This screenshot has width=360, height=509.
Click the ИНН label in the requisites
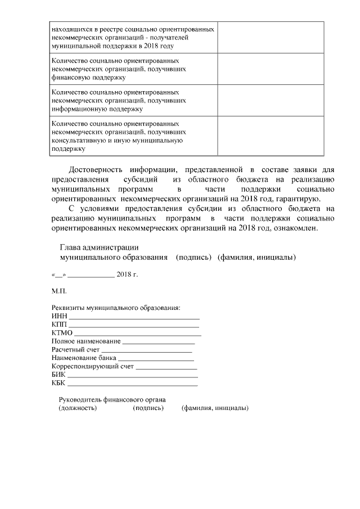(58, 317)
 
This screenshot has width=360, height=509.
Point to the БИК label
(58, 375)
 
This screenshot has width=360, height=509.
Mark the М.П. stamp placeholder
(59, 291)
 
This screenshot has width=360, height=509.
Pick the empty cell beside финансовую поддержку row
(271, 67)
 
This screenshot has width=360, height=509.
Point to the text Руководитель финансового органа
(112, 400)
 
